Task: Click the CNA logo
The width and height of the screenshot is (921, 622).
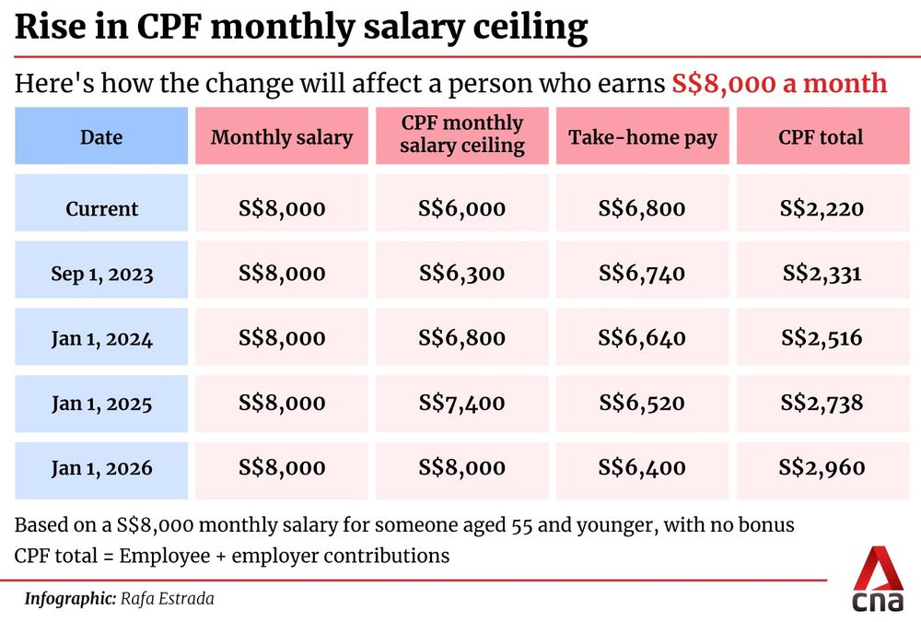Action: [x=877, y=581]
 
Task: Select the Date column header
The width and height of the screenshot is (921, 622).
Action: [x=101, y=137]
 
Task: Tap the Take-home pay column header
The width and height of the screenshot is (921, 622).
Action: [x=642, y=137]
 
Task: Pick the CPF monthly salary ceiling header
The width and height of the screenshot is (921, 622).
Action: [x=461, y=135]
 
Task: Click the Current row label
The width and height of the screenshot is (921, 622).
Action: [x=101, y=208]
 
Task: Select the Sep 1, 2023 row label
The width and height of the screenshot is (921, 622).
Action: [x=101, y=274]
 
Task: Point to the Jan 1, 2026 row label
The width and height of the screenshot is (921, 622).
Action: [x=101, y=468]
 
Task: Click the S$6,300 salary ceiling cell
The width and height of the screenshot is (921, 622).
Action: [x=461, y=274]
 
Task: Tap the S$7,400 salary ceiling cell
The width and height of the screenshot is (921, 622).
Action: [x=461, y=403]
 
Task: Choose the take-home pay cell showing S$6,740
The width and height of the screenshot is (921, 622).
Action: [x=642, y=274]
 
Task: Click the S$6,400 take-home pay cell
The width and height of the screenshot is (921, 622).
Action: [x=642, y=468]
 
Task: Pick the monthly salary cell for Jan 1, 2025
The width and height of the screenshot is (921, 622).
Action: [x=282, y=403]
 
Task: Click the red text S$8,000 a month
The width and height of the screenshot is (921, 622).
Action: [x=779, y=84]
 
